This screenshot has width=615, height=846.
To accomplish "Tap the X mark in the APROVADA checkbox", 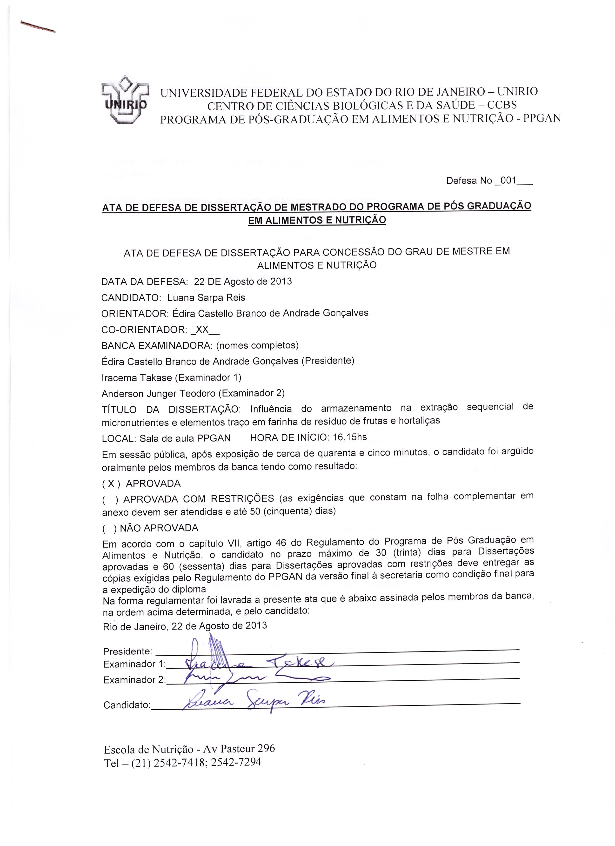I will coord(111,484).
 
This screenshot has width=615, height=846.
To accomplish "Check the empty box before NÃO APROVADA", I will coord(110,528).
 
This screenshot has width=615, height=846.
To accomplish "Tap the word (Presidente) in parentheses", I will coord(328,361).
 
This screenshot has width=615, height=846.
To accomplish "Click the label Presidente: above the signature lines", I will coord(127,651).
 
